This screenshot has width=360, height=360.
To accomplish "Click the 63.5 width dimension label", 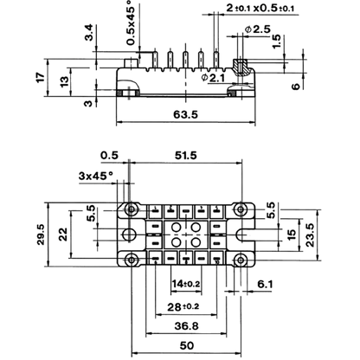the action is pyautogui.click(x=185, y=114).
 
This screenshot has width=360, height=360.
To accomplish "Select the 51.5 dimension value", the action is pyautogui.click(x=185, y=156).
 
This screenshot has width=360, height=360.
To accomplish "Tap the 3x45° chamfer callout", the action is pyautogui.click(x=96, y=176).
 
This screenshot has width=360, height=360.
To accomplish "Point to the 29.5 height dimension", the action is pyautogui.click(x=41, y=235).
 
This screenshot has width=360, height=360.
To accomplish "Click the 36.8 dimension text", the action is pyautogui.click(x=186, y=326).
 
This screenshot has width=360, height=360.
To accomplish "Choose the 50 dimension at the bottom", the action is pyautogui.click(x=187, y=345).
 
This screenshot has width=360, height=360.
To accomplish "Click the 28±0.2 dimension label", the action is pyautogui.click(x=183, y=306).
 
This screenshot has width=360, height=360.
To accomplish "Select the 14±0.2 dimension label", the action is pyautogui.click(x=186, y=284).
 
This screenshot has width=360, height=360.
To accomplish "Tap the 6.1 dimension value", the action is pyautogui.click(x=265, y=285).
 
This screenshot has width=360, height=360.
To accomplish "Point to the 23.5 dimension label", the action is pyautogui.click(x=310, y=235).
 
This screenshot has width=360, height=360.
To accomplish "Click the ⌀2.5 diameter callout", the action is pyautogui.click(x=258, y=29).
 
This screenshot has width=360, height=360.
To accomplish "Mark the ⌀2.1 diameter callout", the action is pyautogui.click(x=214, y=78).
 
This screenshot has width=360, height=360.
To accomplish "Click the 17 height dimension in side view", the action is pyautogui.click(x=41, y=77).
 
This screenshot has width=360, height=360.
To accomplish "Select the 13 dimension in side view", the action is pyautogui.click(x=64, y=81).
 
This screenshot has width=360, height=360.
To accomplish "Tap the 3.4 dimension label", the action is pyautogui.click(x=90, y=32).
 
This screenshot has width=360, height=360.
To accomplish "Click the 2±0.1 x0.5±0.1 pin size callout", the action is pyautogui.click(x=260, y=9).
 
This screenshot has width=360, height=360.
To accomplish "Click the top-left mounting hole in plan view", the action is pyautogui.click(x=132, y=209).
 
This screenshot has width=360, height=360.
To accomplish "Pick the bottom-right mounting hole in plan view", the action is pyautogui.click(x=240, y=260).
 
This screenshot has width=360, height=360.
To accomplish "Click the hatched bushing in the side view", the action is pyautogui.click(x=240, y=67).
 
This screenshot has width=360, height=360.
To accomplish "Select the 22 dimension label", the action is pyautogui.click(x=63, y=234).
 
